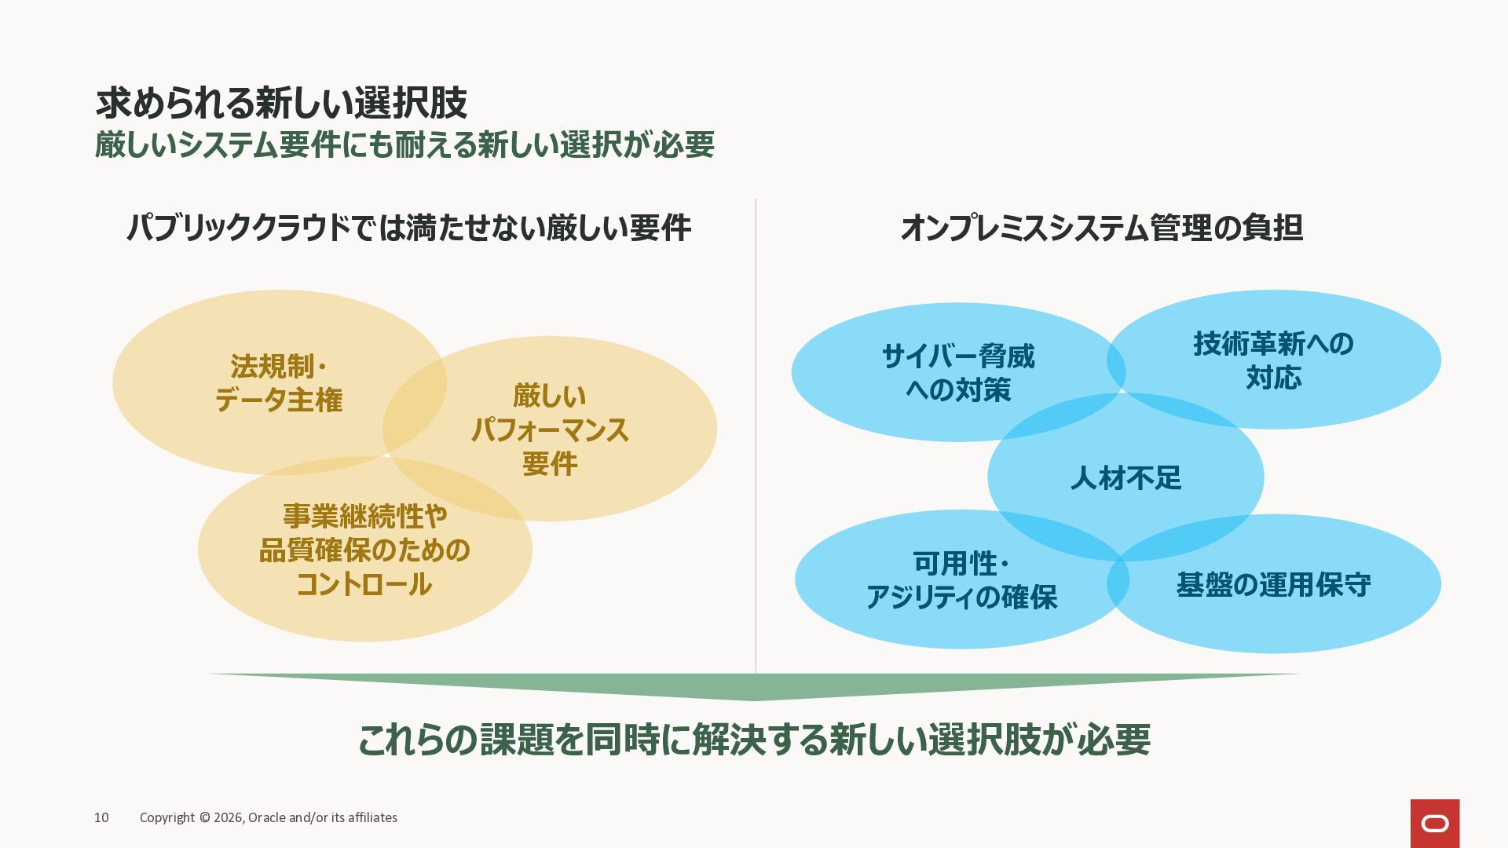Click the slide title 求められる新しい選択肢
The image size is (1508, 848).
(x=281, y=103)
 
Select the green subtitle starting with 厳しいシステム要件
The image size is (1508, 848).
(x=404, y=145)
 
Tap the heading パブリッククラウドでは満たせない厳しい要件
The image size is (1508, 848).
(x=408, y=228)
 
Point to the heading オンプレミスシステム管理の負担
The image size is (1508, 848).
(x=1101, y=228)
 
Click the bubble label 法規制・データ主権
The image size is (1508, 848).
(x=279, y=383)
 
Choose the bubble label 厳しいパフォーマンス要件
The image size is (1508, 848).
(x=550, y=429)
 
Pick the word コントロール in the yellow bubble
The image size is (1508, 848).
(x=364, y=584)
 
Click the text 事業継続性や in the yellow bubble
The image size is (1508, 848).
(x=364, y=516)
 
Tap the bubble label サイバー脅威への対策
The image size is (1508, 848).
(x=958, y=373)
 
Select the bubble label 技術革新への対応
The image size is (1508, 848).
(x=1273, y=360)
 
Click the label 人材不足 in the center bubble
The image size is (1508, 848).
(x=1126, y=478)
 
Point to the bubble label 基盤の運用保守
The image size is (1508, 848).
(x=1273, y=585)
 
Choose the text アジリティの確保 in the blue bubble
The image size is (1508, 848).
(x=961, y=598)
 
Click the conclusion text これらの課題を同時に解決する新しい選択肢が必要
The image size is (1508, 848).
(x=754, y=740)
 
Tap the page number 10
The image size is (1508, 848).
(x=101, y=817)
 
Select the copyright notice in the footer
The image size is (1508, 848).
(x=269, y=817)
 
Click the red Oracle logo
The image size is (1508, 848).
(x=1434, y=824)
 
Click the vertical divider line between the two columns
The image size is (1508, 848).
(x=756, y=432)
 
